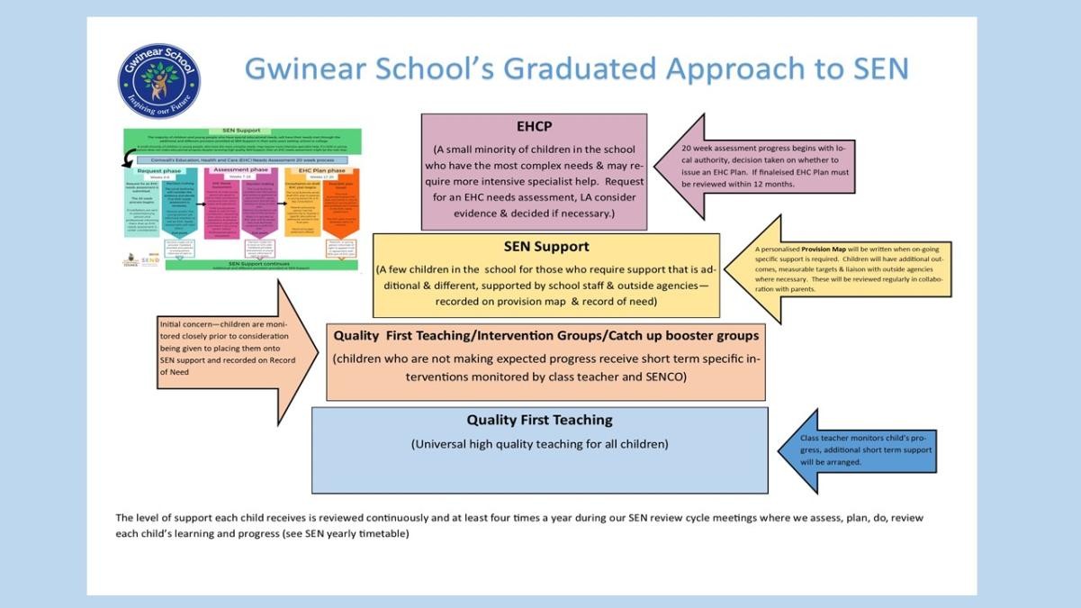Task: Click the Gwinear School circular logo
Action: coord(158,80)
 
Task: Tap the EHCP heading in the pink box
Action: coord(534,126)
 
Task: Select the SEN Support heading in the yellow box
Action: coord(546,246)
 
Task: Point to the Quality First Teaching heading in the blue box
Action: coord(539,420)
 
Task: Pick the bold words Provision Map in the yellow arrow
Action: coord(841,249)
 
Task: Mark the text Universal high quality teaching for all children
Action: coord(540,444)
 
